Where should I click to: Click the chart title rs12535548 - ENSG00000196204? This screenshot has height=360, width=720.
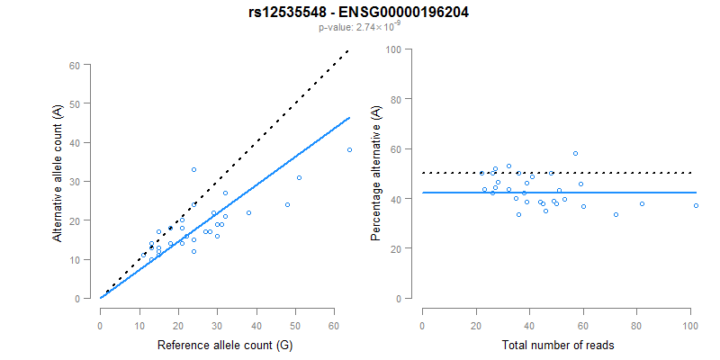[x=359, y=13]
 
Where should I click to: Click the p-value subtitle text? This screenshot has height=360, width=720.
[x=359, y=28]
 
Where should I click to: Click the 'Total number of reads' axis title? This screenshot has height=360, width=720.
[x=558, y=346]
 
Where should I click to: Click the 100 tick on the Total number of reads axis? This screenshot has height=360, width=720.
[x=689, y=324]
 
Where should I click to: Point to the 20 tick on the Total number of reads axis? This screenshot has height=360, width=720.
[x=476, y=324]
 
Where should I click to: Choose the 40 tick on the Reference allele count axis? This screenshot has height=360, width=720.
[x=256, y=324]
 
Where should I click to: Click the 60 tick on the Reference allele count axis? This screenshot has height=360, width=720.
[x=334, y=324]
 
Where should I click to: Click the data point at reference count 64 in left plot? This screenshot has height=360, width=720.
[x=349, y=149]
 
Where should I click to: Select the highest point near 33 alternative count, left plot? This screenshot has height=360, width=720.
[x=193, y=169]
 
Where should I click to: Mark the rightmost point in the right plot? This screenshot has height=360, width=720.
[x=696, y=205]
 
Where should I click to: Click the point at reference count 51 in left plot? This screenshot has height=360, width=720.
[x=299, y=177]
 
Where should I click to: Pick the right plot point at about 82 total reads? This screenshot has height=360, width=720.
[x=642, y=203]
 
